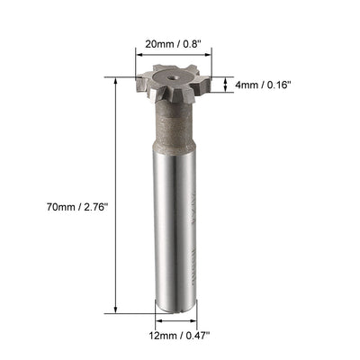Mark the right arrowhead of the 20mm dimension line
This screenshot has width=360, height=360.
tap(220, 53)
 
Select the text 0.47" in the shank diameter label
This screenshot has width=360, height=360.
tap(195, 337)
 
